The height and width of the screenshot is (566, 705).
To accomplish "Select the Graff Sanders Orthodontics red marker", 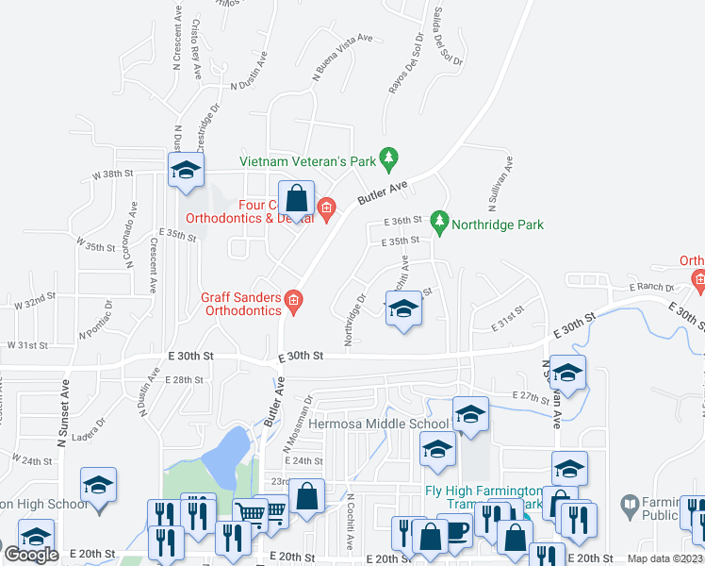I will (x=293, y=302).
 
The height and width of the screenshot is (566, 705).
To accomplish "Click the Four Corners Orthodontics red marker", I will (x=327, y=208).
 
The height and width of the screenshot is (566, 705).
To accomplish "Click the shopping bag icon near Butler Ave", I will (x=296, y=200).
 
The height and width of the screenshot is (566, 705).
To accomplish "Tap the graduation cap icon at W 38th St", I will (x=186, y=171).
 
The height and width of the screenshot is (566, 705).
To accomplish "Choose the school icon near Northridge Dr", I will (x=403, y=310).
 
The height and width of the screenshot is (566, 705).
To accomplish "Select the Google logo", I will (x=31, y=555).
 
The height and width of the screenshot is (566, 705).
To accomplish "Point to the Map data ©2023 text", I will (x=664, y=558).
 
